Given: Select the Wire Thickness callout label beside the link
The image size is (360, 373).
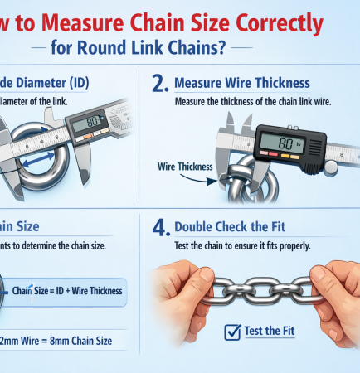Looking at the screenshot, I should (185, 167).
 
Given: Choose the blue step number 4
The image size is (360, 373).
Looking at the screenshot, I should (162, 225).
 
